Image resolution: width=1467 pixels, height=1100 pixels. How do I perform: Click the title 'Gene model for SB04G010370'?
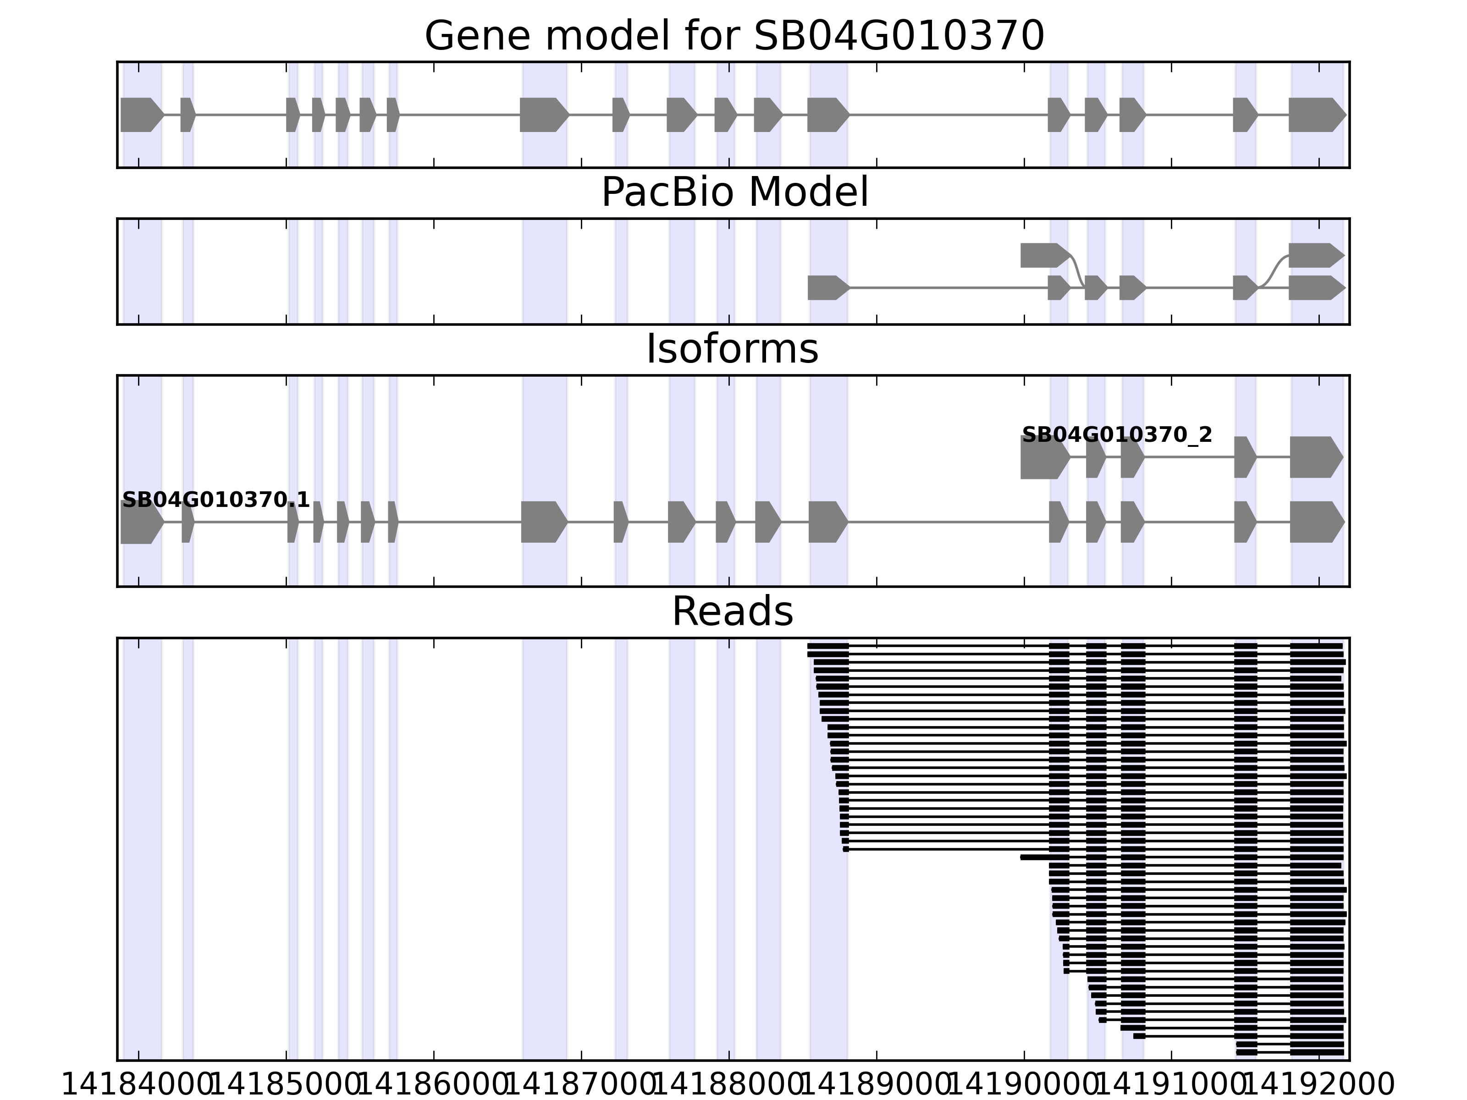pos(733,36)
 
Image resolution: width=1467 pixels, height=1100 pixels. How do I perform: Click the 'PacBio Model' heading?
pos(733,192)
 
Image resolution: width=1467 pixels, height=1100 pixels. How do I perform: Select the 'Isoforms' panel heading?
pos(732,349)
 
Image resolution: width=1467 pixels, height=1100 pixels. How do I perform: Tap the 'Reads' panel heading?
pos(732,611)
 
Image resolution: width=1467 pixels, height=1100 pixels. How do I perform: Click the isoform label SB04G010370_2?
pos(1117,435)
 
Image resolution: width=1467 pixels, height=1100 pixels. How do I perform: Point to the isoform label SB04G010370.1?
pos(215,500)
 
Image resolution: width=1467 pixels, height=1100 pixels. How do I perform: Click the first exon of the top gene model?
pos(141,115)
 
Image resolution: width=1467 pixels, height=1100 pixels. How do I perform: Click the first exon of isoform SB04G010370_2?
pos(1044,457)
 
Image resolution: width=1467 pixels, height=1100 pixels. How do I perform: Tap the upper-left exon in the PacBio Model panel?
pos(1044,255)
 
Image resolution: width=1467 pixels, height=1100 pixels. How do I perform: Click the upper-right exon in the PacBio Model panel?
pos(1315,255)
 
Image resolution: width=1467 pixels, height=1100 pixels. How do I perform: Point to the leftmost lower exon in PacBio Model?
pos(827,288)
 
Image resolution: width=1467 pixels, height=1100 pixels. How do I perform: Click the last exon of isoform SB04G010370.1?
pos(1316,522)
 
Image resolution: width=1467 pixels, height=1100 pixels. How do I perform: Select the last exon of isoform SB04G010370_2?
pos(1315,457)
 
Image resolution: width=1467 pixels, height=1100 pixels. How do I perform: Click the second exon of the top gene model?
pos(187,115)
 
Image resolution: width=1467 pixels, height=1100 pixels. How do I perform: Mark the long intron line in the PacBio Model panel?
pos(949,288)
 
